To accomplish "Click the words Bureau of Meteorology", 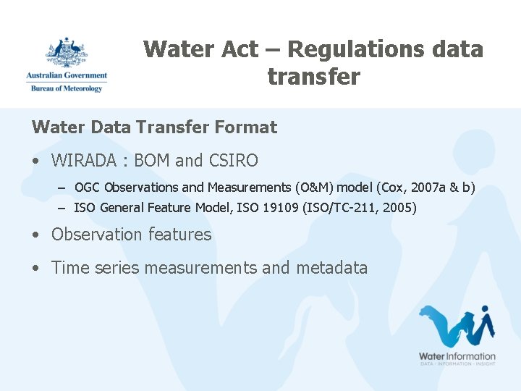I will (x=67, y=88).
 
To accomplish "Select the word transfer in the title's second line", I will (x=313, y=77).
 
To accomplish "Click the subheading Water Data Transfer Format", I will (x=154, y=127).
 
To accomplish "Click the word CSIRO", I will (x=233, y=160).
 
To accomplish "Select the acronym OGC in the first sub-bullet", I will (x=88, y=188).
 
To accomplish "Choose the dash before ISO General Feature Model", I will (x=62, y=209).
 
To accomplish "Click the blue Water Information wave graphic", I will (x=457, y=327).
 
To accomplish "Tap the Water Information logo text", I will (x=457, y=356).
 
